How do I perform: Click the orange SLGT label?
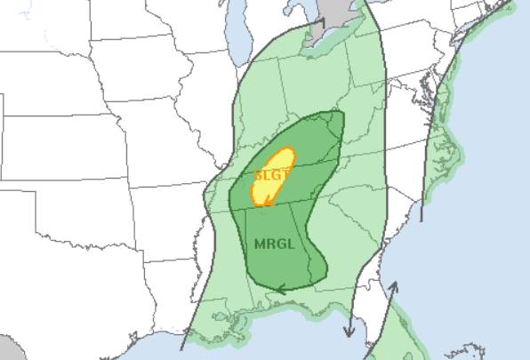click(272, 175)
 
